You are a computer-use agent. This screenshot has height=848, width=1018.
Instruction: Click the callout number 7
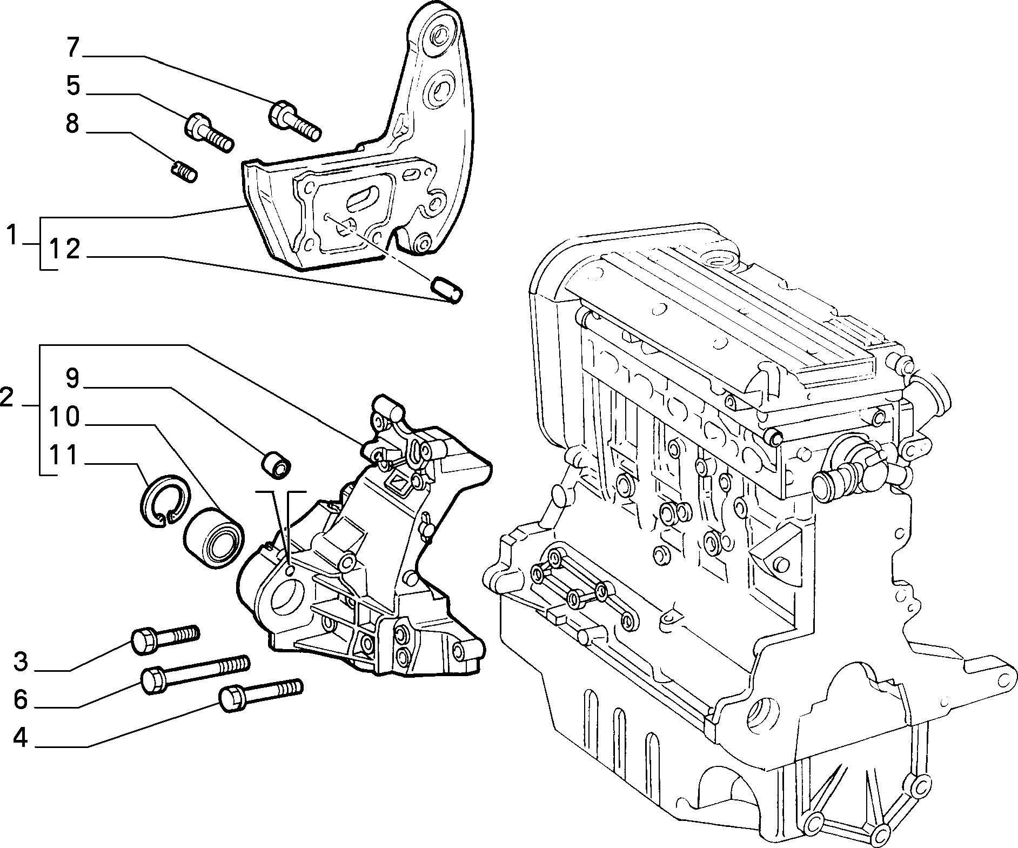click(73, 48)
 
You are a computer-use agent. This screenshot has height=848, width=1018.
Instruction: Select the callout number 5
click(73, 86)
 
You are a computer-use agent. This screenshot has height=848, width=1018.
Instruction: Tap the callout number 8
click(72, 124)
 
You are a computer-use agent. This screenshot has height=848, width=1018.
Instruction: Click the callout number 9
click(72, 379)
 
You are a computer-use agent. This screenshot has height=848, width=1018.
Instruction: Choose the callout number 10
click(64, 417)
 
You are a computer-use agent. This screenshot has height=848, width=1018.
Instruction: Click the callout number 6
click(21, 700)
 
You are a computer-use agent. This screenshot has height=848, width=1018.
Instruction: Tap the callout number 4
click(21, 738)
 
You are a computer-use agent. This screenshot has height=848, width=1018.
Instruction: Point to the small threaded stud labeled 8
click(184, 172)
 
